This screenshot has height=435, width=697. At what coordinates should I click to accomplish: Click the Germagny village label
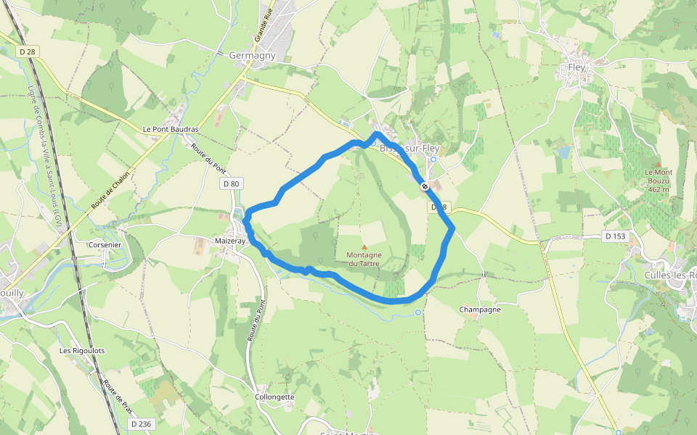(252, 55)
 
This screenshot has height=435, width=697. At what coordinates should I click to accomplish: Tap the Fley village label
(576, 67)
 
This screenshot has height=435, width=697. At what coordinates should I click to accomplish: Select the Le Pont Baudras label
(171, 129)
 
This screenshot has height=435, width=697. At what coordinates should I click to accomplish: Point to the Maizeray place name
(230, 240)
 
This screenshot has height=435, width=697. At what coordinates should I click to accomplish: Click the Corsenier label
(105, 244)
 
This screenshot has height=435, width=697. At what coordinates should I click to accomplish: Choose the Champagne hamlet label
(480, 310)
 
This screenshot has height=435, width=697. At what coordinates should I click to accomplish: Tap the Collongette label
(274, 397)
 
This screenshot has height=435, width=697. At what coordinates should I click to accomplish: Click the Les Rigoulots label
(82, 351)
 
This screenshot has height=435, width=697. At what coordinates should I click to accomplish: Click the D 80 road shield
(231, 184)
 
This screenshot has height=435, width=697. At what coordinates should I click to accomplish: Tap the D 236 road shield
(141, 423)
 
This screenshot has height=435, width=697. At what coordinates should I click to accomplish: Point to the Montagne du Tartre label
(364, 259)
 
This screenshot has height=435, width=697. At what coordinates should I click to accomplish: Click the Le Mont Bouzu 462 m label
(658, 181)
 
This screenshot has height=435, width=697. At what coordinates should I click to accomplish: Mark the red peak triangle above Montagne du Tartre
(364, 246)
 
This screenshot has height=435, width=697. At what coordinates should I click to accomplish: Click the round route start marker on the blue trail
(424, 186)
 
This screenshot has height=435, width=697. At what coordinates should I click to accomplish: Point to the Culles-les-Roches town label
(670, 275)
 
